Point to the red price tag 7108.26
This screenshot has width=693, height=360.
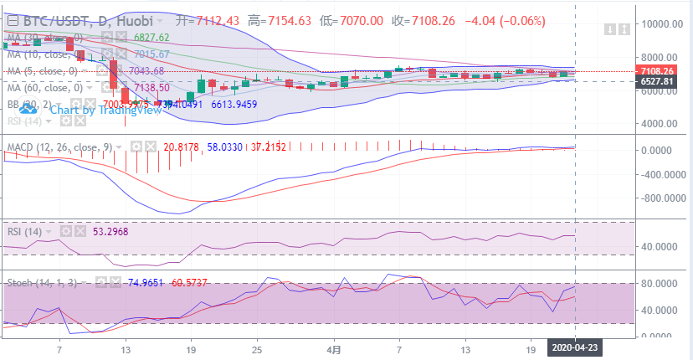pyautogui.click(x=655, y=70)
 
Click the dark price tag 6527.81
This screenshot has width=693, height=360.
pyautogui.click(x=655, y=81)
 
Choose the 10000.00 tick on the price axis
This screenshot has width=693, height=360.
pyautogui.click(x=660, y=23)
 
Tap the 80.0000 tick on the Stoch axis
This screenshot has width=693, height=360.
pyautogui.click(x=661, y=284)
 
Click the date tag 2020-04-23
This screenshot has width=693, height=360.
pyautogui.click(x=575, y=346)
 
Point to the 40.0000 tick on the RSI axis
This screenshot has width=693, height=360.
pyautogui.click(x=661, y=247)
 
